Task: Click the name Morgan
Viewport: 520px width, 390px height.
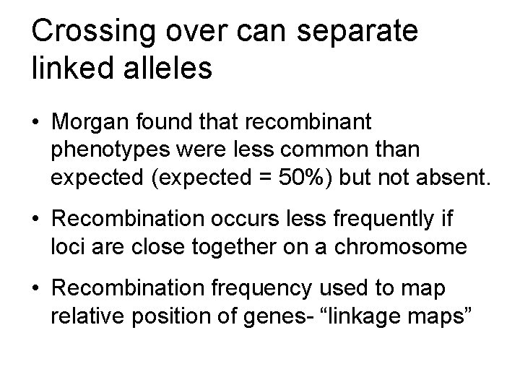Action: [95, 123]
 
